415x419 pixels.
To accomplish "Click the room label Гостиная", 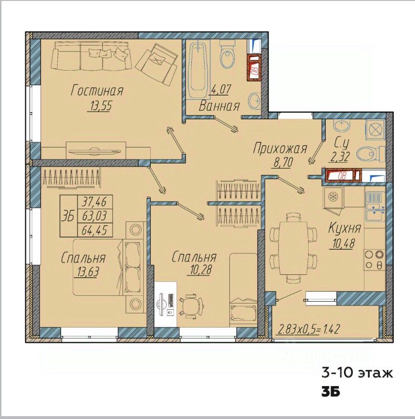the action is (x=97, y=91).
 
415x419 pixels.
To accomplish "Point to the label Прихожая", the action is (x=280, y=148).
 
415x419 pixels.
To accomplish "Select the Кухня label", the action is (x=344, y=228).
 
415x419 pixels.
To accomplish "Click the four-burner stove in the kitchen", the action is (x=374, y=260).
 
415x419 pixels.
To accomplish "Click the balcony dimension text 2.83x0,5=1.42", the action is (x=309, y=329).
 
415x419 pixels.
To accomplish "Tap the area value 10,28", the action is (x=200, y=270).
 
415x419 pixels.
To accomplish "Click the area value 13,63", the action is (x=88, y=272).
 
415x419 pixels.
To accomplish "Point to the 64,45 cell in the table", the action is (x=94, y=230).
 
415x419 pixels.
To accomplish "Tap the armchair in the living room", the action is (x=156, y=64).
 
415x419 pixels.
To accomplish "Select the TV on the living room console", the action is (x=94, y=151).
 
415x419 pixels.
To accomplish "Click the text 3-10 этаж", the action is (x=357, y=373).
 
